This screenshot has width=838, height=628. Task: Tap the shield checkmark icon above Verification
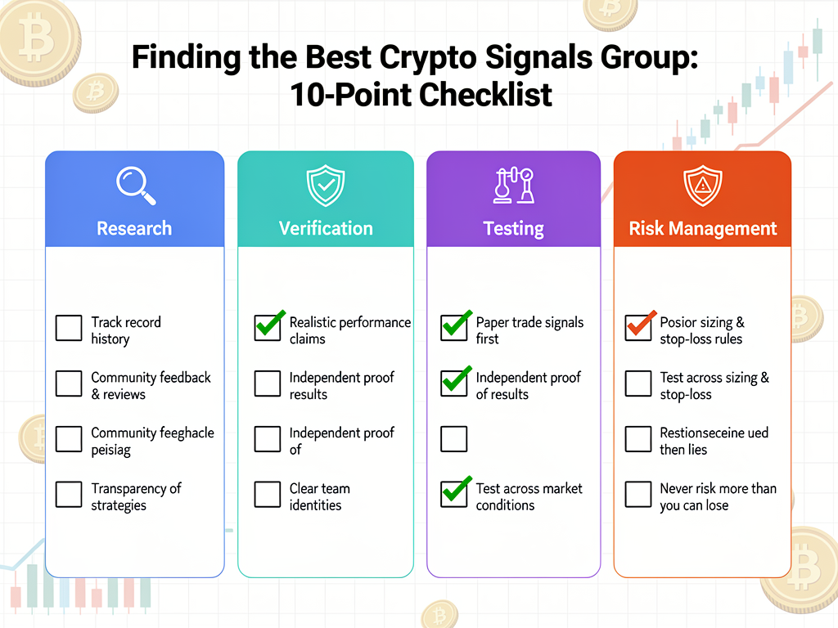325,186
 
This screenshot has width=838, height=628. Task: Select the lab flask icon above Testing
513,186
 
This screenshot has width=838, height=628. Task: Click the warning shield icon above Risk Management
702,186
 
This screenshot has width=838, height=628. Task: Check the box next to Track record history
69,329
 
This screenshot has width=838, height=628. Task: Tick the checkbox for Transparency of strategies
69,495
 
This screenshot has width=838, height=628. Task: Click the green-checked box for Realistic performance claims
268,329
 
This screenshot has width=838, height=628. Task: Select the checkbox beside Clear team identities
268,495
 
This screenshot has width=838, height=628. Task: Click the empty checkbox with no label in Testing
454,439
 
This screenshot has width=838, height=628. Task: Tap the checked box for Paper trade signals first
454,329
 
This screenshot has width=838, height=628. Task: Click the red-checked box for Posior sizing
638,329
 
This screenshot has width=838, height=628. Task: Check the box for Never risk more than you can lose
638,495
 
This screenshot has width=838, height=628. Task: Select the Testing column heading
513,228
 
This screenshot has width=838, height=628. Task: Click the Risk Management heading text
702,228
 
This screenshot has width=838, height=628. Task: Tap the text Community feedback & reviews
151,385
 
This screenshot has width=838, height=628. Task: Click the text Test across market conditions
529,496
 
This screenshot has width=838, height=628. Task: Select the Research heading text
134,228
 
